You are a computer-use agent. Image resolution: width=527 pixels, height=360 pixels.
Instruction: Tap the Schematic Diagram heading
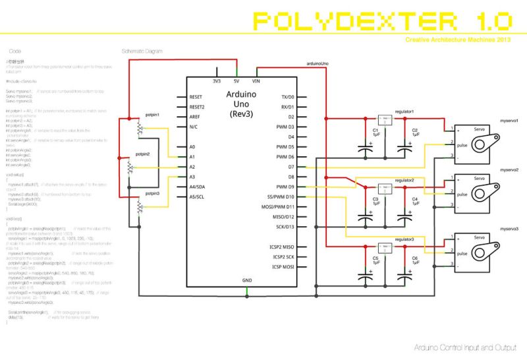pyautogui.click(x=142, y=51)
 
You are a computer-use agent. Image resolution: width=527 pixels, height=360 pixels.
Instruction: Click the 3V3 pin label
pyautogui.click(x=216, y=81)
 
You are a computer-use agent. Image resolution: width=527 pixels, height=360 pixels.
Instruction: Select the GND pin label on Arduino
pyautogui.click(x=246, y=280)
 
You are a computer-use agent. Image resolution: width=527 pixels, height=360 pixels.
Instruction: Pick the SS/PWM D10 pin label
pyautogui.click(x=279, y=196)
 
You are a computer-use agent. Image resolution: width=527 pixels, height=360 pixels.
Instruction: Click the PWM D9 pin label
pyautogui.click(x=285, y=187)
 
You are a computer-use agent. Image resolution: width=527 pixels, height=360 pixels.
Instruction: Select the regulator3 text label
pyautogui.click(x=404, y=239)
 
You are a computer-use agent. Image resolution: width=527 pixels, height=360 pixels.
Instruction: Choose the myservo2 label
pyautogui.click(x=509, y=169)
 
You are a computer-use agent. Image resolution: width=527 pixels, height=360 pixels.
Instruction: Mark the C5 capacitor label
pyautogui.click(x=375, y=258)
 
